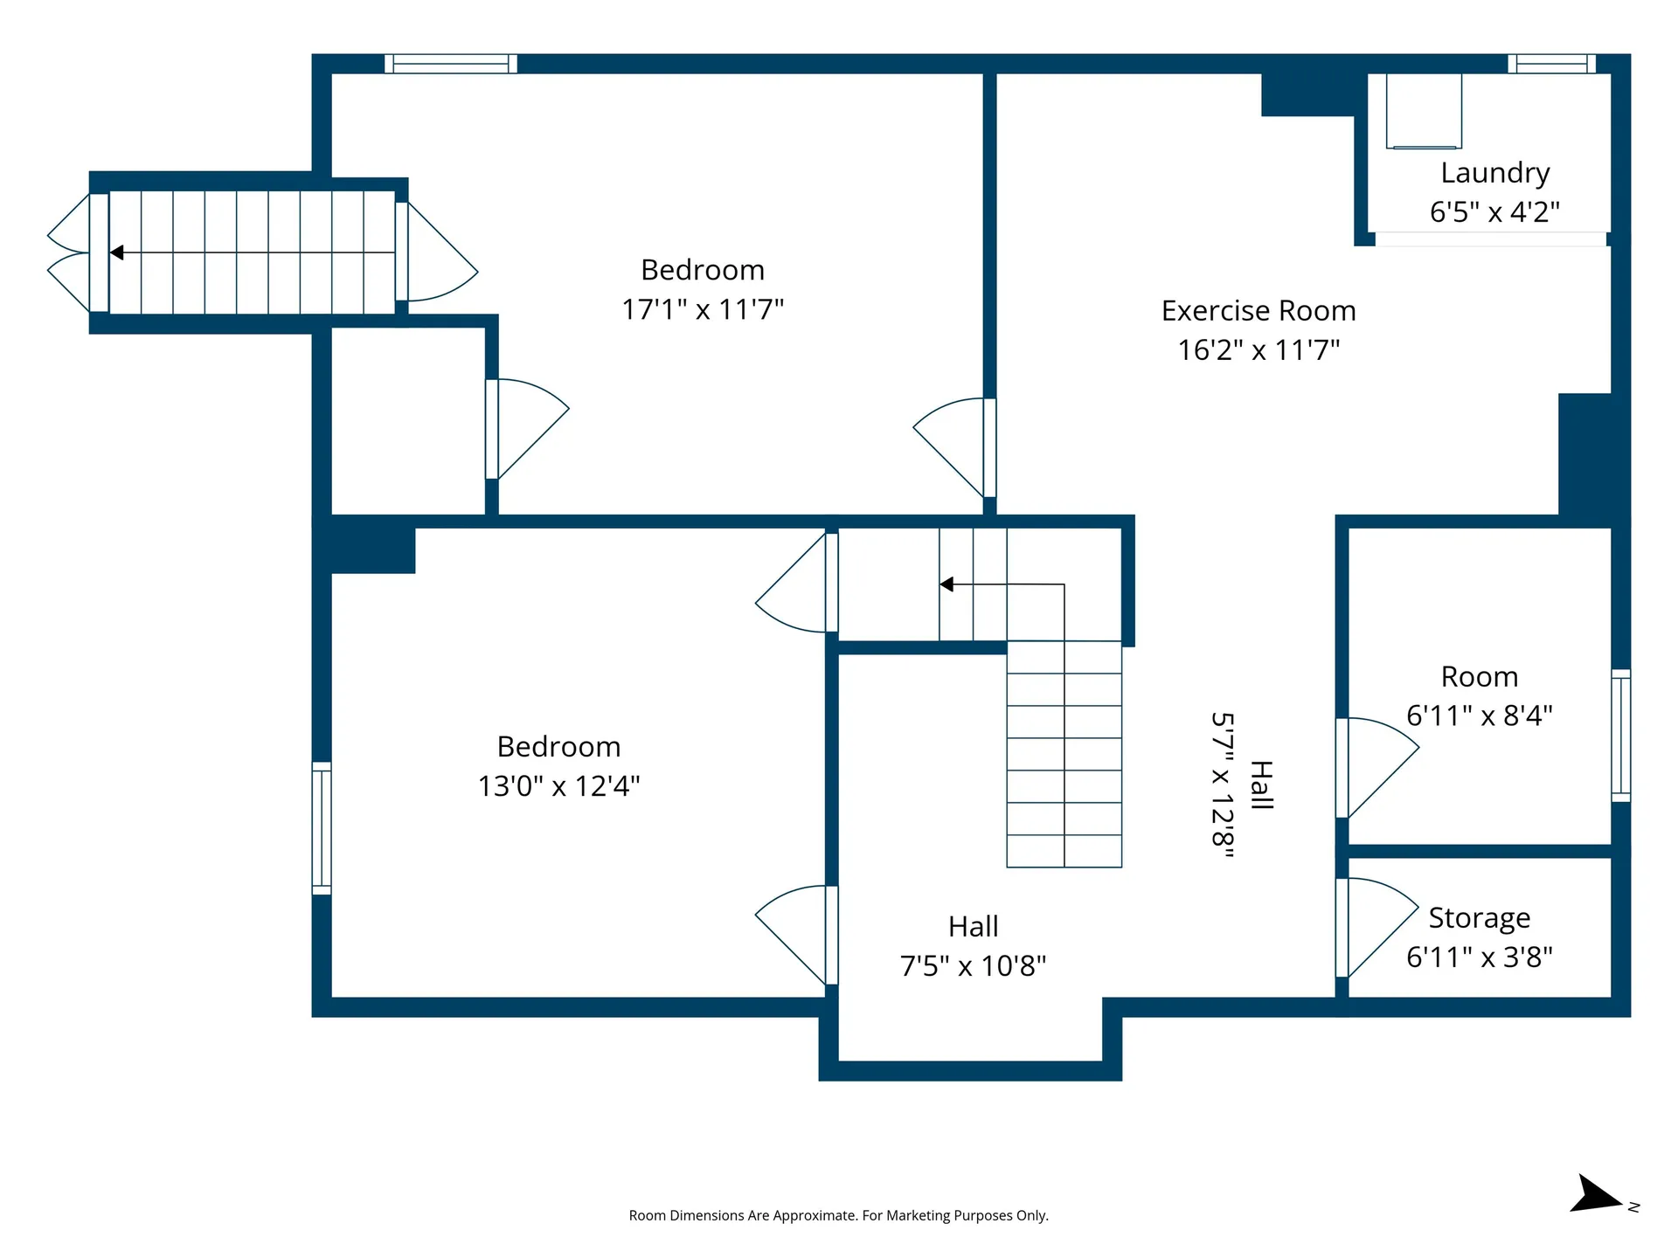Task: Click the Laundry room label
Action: [1494, 173]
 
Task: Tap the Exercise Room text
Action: [1258, 311]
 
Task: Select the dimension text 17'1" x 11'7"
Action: [703, 310]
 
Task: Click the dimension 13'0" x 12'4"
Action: [558, 786]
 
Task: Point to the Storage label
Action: [1479, 918]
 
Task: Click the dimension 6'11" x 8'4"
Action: [1479, 716]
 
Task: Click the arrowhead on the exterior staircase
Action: [116, 252]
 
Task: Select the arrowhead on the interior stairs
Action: [946, 584]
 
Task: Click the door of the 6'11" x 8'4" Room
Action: [1376, 766]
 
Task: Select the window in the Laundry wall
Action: [1551, 64]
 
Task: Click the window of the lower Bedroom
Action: [322, 828]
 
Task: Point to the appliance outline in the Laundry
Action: [1424, 111]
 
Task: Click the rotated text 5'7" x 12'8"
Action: [1223, 785]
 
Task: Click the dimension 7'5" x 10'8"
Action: [973, 966]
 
